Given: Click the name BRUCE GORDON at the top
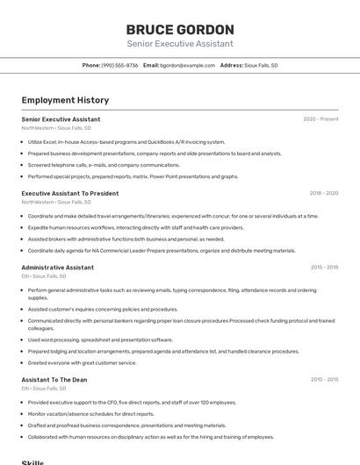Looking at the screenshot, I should tap(180, 29).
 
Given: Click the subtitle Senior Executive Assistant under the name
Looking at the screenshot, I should tap(180, 44).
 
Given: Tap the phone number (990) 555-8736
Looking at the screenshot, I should tap(119, 65).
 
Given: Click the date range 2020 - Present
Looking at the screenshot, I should tap(320, 119).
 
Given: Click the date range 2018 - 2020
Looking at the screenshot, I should tap(323, 193).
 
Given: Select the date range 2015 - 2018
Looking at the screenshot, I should tap(324, 268).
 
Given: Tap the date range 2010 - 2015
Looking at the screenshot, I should tap(324, 380).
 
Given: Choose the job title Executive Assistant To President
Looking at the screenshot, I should tap(70, 193).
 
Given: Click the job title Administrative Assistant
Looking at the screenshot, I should tap(57, 268).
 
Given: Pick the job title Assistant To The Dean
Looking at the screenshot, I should tap(54, 380).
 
